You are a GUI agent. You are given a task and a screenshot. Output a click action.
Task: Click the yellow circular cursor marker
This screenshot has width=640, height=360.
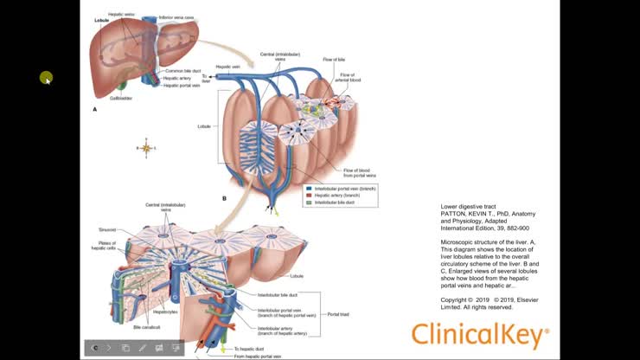point(46,78)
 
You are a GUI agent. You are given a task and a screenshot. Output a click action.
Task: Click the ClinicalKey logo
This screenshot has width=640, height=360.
point(479,335)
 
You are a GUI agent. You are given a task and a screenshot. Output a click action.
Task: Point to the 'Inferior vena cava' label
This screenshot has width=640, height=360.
point(176,16)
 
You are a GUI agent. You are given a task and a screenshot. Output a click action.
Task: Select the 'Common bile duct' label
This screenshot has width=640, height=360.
point(182,71)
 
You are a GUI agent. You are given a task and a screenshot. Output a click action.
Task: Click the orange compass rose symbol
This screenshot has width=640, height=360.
point(146,149)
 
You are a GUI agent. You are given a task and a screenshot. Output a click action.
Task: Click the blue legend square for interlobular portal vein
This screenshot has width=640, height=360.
point(309,187)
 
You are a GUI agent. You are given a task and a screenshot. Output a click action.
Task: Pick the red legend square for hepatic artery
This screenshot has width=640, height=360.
point(309,195)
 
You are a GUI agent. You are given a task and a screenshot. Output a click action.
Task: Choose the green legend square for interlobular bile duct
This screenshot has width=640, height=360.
point(309,202)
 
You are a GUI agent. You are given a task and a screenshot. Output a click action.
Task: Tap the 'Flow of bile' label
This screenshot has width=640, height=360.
point(335,59)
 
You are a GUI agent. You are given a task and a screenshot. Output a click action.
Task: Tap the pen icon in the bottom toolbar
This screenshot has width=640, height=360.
point(142,348)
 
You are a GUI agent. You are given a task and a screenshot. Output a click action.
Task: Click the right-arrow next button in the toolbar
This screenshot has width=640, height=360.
point(108,348)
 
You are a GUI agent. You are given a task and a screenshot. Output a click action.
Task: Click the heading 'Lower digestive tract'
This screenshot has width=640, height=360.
point(470,208)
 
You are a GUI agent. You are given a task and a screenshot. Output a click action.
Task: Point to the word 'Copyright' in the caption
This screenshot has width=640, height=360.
point(456,299)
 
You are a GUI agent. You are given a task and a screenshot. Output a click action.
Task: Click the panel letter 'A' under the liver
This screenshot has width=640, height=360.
point(95,110)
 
